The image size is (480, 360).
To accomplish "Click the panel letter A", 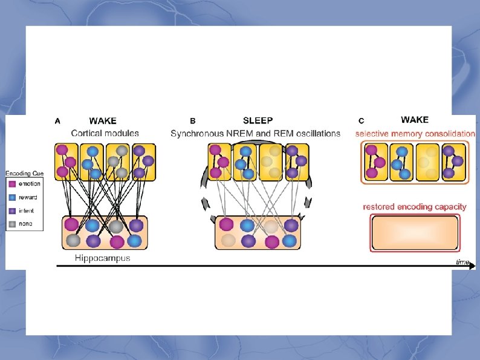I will click(x=57, y=121).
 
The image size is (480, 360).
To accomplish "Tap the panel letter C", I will click(x=361, y=121).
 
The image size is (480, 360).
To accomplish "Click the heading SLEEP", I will click(x=258, y=121).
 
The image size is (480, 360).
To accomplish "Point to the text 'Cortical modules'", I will click(x=105, y=133).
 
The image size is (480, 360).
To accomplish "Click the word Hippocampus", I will click(x=102, y=258).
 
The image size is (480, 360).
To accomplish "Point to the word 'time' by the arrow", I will click(x=462, y=261).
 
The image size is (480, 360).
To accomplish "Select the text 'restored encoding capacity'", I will click(x=415, y=207).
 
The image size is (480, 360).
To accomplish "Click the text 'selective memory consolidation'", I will click(x=415, y=134).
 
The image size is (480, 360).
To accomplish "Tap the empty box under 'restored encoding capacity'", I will click(x=415, y=233).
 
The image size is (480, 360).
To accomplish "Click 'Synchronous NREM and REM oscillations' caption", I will click(x=255, y=133).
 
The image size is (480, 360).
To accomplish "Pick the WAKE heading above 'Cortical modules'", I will click(x=103, y=121).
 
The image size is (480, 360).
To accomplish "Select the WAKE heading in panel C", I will click(x=415, y=120).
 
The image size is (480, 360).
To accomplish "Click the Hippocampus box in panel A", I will click(x=105, y=233).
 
